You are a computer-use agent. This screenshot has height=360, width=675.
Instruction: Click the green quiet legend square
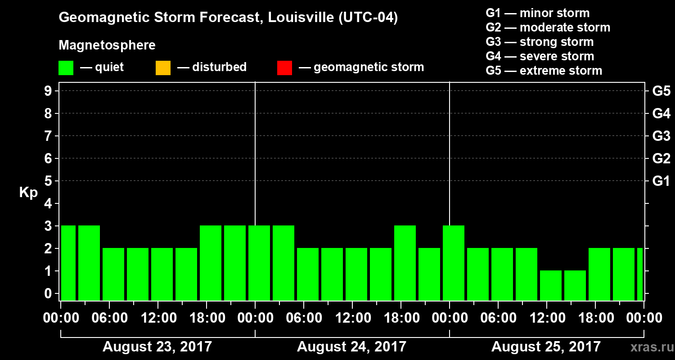tap(66, 67)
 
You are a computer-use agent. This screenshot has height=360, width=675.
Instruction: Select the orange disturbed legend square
tap(163, 67)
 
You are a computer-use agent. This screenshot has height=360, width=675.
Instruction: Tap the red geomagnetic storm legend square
tap(284, 67)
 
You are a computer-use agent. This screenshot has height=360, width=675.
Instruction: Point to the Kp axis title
tap(28, 193)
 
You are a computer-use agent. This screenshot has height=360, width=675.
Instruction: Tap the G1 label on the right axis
tap(661, 181)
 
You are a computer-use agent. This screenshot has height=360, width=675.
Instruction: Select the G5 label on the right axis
tap(661, 91)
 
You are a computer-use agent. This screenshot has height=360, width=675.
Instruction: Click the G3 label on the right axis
tap(661, 136)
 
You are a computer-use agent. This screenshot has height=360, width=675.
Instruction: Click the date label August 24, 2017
tap(351, 347)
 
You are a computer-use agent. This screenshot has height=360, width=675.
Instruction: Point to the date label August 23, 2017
tap(157, 347)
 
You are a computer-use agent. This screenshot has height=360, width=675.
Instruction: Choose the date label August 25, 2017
tap(546, 347)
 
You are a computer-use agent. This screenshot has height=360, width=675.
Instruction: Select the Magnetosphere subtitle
tap(107, 45)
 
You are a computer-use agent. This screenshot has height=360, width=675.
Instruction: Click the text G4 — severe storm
tap(540, 56)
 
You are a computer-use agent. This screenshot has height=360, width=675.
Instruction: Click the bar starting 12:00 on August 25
tap(551, 285)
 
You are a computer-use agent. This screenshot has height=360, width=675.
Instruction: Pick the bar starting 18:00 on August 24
tap(405, 263)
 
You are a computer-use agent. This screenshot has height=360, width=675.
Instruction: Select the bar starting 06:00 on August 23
tap(113, 274)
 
